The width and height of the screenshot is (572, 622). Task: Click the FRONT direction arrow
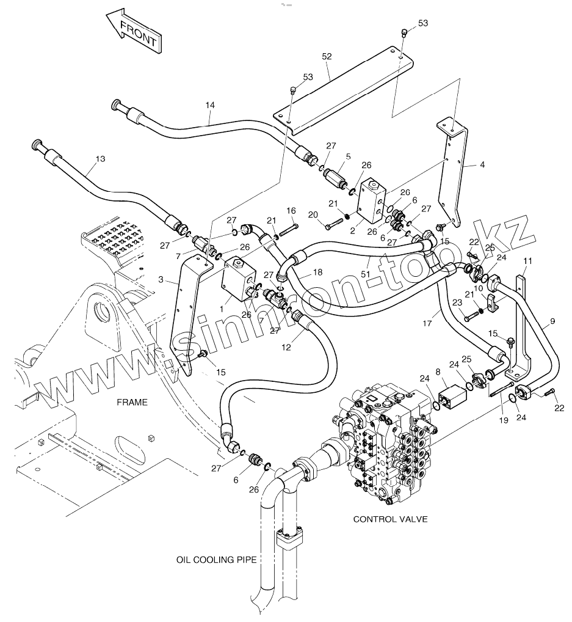point(134,32)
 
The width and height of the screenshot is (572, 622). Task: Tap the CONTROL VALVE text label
point(390,519)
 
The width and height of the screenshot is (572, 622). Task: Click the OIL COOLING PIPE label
point(217,560)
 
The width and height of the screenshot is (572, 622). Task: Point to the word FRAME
point(132,402)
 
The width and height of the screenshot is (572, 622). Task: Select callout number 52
point(327,56)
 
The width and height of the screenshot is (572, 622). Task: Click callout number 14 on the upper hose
point(210,105)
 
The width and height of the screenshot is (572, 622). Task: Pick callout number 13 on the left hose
point(100,159)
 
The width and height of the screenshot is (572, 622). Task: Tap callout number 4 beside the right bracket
point(482,164)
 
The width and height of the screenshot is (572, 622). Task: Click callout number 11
point(527,261)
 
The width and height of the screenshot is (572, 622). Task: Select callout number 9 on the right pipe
point(552,321)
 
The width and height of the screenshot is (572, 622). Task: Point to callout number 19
point(503,420)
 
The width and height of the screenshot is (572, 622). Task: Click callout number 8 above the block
point(438,371)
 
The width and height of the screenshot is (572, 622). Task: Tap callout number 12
point(286,348)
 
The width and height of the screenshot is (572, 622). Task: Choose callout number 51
point(365,274)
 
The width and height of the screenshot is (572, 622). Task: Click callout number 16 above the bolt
point(291,210)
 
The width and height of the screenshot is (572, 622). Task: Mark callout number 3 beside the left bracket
point(161,280)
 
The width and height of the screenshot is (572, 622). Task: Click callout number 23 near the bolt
point(457,302)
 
